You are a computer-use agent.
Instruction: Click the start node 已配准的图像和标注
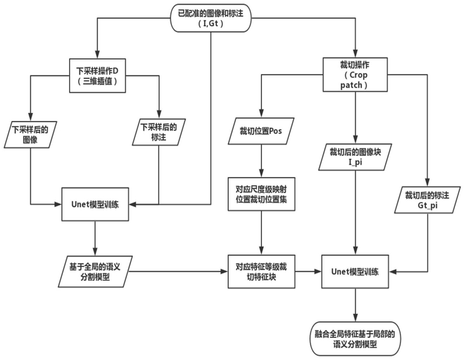pyautogui.click(x=211, y=18)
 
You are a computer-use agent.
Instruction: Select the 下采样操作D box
pyautogui.click(x=97, y=75)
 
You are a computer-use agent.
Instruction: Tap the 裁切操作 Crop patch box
pyautogui.click(x=355, y=75)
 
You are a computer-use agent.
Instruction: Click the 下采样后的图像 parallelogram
pyautogui.click(x=30, y=134)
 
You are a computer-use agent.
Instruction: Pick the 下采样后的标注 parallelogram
pyautogui.click(x=159, y=132)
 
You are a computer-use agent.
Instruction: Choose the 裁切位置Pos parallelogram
pyautogui.click(x=261, y=131)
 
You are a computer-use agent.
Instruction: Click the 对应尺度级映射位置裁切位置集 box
pyautogui.click(x=261, y=194)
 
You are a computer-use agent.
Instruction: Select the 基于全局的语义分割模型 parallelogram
pyautogui.click(x=95, y=272)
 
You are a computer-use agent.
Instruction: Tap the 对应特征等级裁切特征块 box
pyautogui.click(x=261, y=271)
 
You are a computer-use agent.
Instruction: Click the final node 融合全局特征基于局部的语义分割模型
pyautogui.click(x=355, y=338)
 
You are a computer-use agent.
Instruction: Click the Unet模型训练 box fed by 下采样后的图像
pyautogui.click(x=95, y=204)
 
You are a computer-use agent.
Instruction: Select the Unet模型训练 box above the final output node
pyautogui.click(x=355, y=271)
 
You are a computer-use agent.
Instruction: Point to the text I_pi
pyautogui.click(x=355, y=162)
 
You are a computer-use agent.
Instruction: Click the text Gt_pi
pyautogui.click(x=428, y=205)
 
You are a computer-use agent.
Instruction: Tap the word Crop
pyautogui.click(x=358, y=75)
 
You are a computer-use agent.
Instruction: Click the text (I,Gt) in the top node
pyautogui.click(x=211, y=23)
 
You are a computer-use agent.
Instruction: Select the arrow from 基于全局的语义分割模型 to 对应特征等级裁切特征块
pyautogui.click(x=178, y=271)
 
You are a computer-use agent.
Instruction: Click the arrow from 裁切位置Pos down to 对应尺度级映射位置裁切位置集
pyautogui.click(x=261, y=161)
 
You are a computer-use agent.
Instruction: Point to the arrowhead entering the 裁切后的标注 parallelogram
pyautogui.click(x=428, y=183)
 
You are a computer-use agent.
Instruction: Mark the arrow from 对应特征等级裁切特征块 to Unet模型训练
pyautogui.click(x=308, y=271)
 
